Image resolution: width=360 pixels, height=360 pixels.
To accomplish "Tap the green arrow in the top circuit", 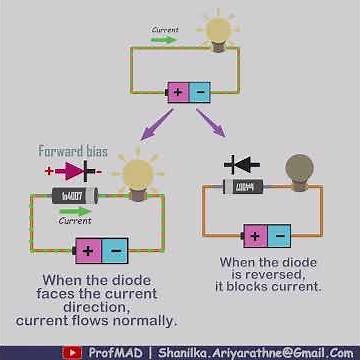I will [165, 42].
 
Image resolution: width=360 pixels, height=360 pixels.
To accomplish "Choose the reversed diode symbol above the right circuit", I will [241, 163].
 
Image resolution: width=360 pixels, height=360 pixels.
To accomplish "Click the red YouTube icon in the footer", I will [73, 352].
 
